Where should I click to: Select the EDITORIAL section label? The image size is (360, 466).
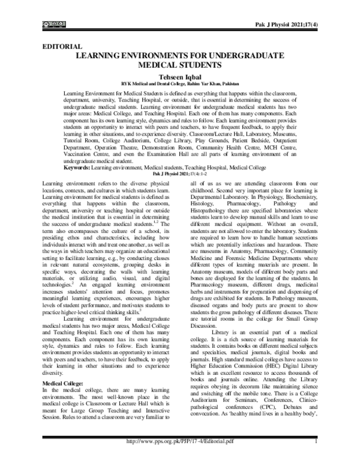[x=59, y=46]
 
